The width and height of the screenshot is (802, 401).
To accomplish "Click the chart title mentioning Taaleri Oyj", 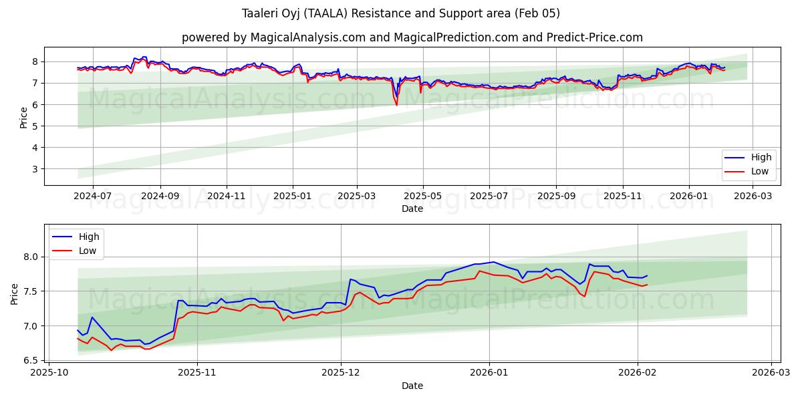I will coord(401,13).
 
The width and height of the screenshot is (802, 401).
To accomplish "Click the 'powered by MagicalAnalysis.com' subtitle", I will coord(412,37).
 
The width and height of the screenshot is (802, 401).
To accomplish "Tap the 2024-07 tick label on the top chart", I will coord(92,196).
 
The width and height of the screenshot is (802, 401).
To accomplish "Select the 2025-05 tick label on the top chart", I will coord(422,196).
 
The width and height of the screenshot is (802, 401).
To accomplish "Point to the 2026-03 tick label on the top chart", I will coord(753,196).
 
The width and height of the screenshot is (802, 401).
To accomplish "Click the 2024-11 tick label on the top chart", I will coord(227,196).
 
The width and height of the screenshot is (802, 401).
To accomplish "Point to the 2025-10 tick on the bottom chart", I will coord(49,372).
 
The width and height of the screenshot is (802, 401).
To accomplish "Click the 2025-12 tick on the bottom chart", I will coord(341,372).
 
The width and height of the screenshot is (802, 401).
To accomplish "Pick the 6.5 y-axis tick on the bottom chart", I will coord(32,361).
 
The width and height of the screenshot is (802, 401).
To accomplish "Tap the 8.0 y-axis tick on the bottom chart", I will coord(32,257).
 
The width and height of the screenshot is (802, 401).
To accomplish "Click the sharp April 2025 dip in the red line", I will coord(396,105).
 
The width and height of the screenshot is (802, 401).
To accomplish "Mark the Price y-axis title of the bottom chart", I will coord(15,293).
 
